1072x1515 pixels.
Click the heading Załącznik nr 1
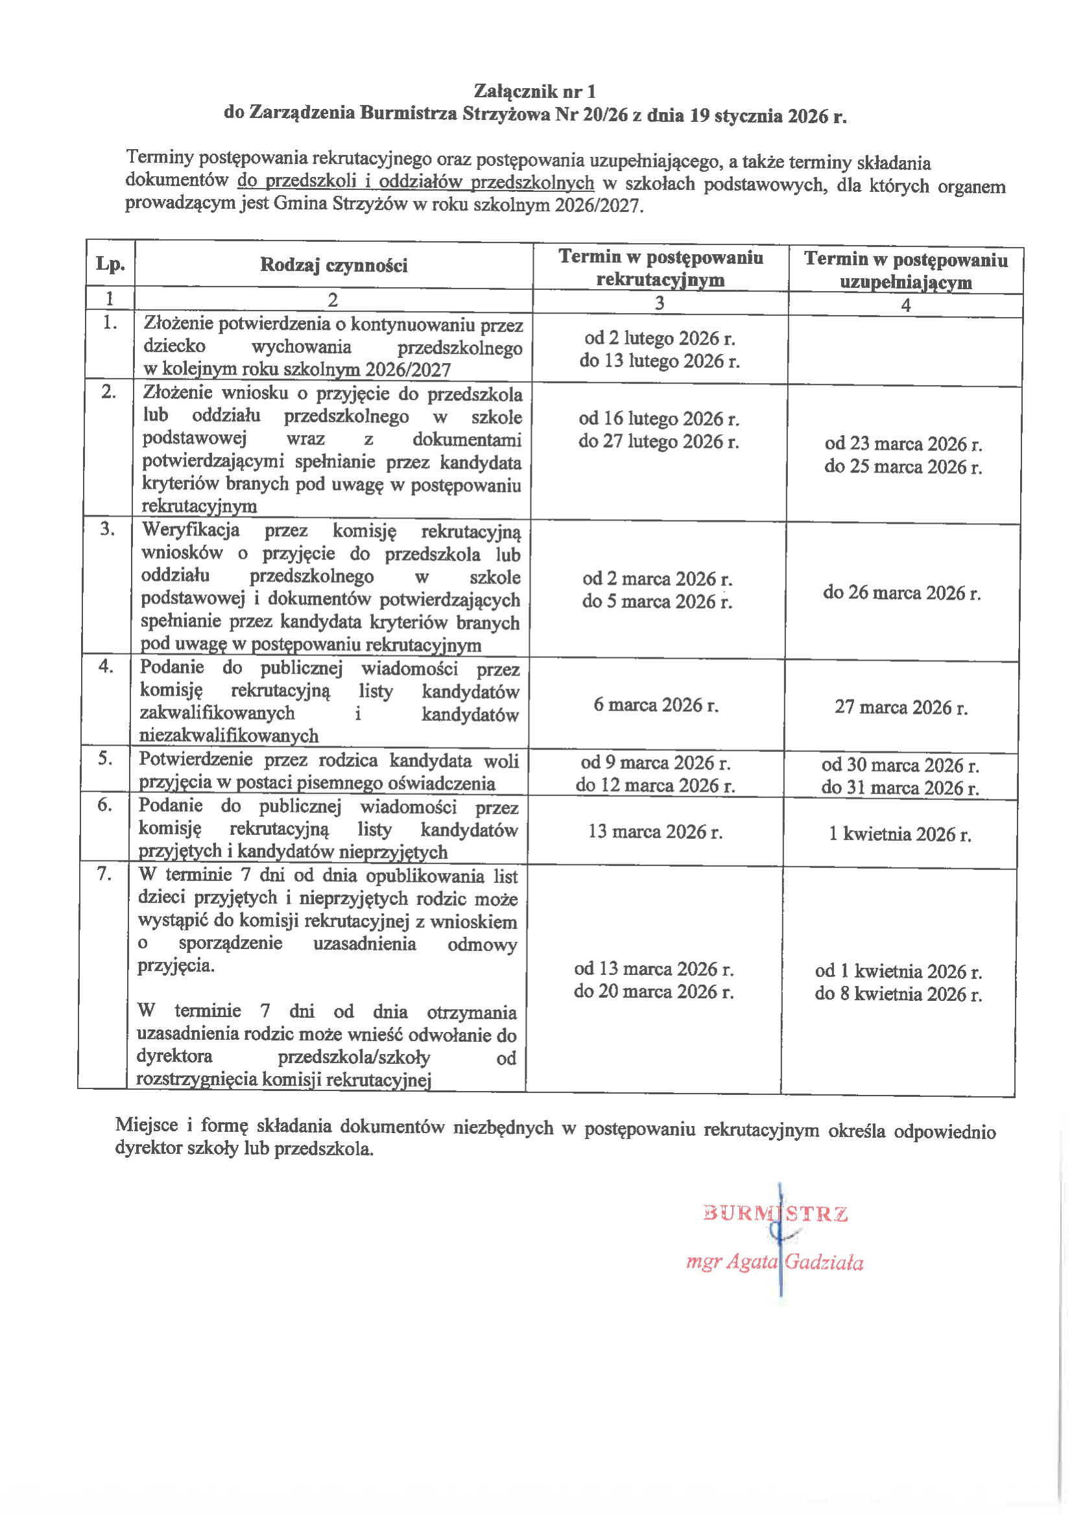coord(534,91)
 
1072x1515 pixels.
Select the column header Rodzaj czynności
coord(333,265)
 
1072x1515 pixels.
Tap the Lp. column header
coord(110,264)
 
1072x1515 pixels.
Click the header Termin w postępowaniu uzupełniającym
coord(905,270)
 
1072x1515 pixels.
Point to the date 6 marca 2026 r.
coord(656,705)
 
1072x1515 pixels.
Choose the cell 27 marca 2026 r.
coord(901,707)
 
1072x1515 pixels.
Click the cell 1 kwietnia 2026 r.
coord(899,834)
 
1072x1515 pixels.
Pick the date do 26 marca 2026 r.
coord(901,593)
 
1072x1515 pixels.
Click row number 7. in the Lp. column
coord(104,874)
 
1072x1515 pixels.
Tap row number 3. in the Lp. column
coord(108,528)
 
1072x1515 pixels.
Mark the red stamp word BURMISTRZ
coord(775,1214)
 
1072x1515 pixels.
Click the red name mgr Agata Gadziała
coord(774,1262)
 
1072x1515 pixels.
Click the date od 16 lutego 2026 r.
coord(659,418)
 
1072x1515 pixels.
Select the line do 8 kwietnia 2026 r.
coord(898,994)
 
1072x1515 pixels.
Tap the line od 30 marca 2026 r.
coord(900,765)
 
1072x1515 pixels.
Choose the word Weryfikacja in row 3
coord(191,530)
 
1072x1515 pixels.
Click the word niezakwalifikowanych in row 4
coord(229,735)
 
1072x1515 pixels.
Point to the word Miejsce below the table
coord(147,1125)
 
